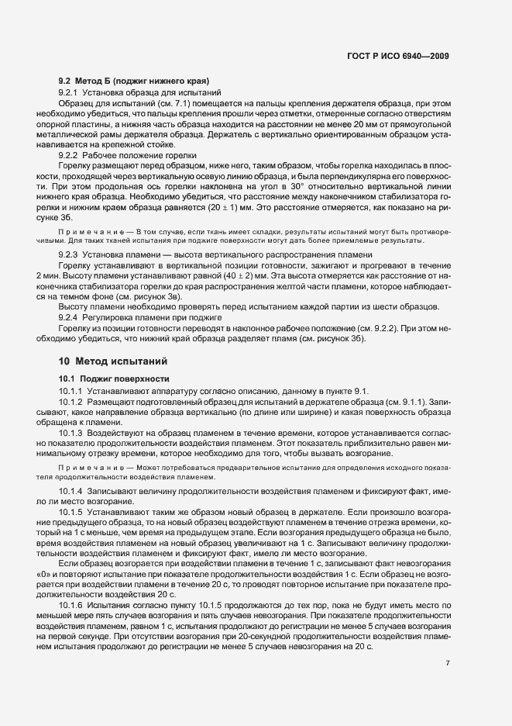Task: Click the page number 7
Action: pos(448,619)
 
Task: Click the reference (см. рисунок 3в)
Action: pos(157,296)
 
